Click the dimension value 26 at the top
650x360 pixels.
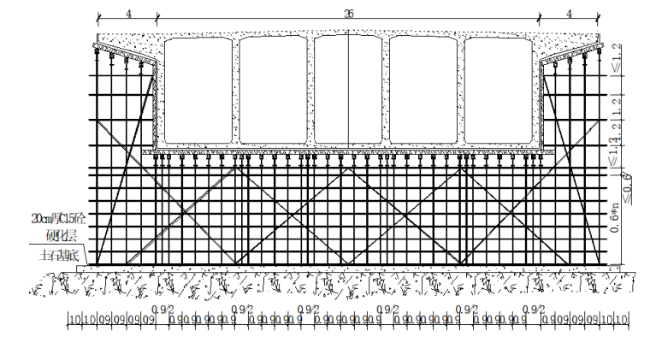pos(349,13)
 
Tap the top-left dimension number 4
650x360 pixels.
pos(127,13)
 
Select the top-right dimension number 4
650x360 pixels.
pos(569,13)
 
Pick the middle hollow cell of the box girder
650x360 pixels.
pos(349,90)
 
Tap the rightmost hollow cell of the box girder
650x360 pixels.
pos(499,90)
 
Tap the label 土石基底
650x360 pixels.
pos(56,254)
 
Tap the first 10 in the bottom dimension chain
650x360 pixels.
pos(75,320)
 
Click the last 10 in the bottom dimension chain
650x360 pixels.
pos(622,320)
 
